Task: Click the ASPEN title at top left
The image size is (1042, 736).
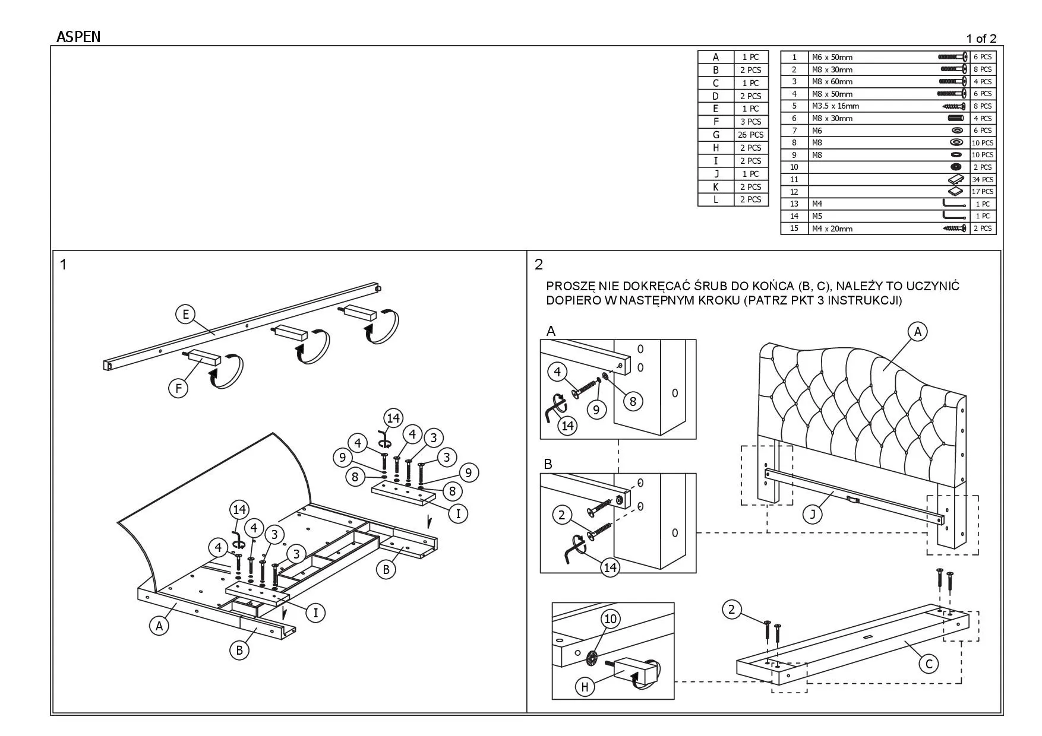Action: tap(78, 37)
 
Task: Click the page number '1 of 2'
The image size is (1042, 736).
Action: tap(981, 39)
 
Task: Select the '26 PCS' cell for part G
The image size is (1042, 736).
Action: tap(750, 135)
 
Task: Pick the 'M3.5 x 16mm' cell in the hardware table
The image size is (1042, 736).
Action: tap(835, 106)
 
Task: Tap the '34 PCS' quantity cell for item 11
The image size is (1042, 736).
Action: tap(983, 179)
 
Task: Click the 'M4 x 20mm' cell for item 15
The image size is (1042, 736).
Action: tap(832, 229)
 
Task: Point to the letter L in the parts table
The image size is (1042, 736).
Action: tap(716, 199)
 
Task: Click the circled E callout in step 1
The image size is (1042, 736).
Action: tap(185, 314)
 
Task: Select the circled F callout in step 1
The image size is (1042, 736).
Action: tap(178, 388)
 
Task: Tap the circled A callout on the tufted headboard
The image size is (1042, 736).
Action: tap(917, 331)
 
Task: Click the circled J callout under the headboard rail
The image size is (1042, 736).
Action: tap(813, 514)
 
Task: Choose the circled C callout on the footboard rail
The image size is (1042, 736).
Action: tap(929, 663)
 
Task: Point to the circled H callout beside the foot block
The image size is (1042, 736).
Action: tap(585, 687)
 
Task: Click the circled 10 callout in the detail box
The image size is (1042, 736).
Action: tap(611, 619)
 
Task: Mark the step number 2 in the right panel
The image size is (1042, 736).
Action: tap(539, 264)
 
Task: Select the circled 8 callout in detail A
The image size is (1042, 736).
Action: tap(633, 401)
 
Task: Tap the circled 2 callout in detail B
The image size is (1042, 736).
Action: tap(562, 515)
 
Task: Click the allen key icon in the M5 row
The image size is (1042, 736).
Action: tap(953, 215)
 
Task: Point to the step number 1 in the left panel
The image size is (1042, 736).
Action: tap(63, 264)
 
